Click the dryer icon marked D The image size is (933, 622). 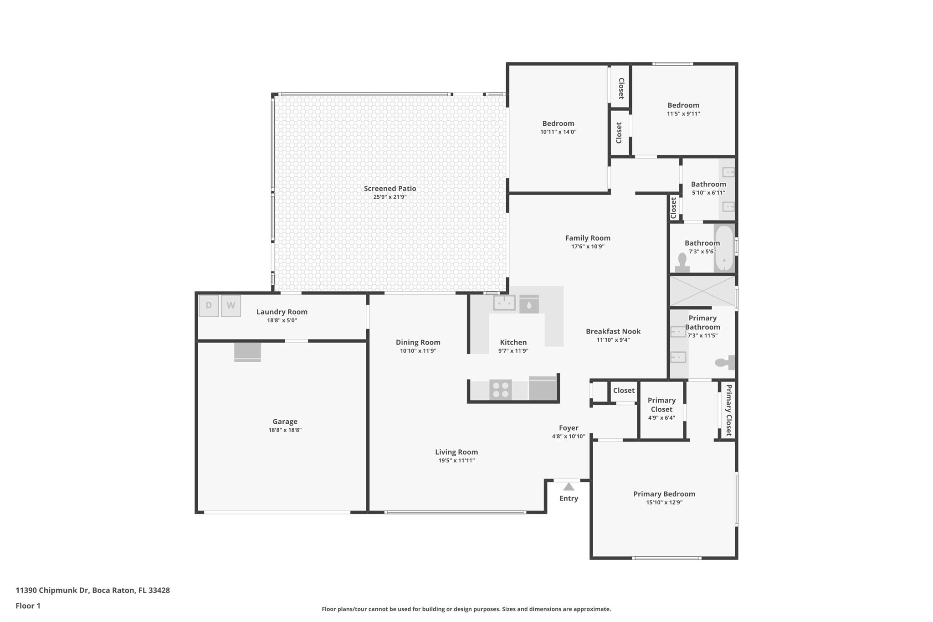click(209, 306)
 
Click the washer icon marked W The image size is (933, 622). click(231, 306)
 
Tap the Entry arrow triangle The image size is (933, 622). click(569, 487)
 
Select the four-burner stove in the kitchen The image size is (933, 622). click(500, 390)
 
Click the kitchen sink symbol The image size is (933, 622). click(504, 303)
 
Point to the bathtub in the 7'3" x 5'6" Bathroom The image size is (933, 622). click(724, 248)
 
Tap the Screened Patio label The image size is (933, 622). click(390, 189)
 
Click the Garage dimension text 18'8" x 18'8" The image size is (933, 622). click(285, 430)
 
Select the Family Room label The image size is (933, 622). click(588, 238)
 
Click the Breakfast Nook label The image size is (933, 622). click(613, 331)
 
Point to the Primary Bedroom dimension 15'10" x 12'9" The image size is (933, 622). click(664, 503)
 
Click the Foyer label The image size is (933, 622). click(569, 428)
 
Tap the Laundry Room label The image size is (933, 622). click(282, 312)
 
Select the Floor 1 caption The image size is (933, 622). click(28, 606)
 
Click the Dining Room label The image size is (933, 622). click(418, 342)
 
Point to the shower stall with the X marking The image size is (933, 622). click(702, 291)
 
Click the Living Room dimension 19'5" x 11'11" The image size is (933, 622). click(456, 461)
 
